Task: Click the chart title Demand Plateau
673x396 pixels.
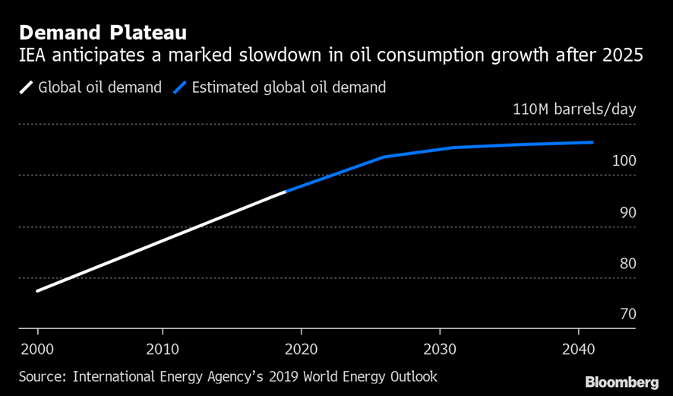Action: tap(103, 33)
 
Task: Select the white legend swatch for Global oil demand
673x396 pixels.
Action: tap(27, 87)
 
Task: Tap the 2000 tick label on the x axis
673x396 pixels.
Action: tap(37, 350)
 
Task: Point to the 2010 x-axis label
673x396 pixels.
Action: tap(163, 350)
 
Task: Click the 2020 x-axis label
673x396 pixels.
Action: tap(302, 350)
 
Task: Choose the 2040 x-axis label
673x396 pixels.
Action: tap(579, 350)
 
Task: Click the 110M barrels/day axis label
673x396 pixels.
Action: tap(574, 109)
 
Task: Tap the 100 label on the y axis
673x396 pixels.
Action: tap(622, 161)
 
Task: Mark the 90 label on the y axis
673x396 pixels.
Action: tap(627, 213)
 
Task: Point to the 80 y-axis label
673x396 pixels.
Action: tap(627, 264)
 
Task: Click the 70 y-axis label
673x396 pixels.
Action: tap(627, 315)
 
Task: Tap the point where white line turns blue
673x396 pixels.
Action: tap(286, 192)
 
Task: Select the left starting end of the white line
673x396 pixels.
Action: tap(37, 290)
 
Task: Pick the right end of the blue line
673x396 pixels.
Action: tap(592, 142)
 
